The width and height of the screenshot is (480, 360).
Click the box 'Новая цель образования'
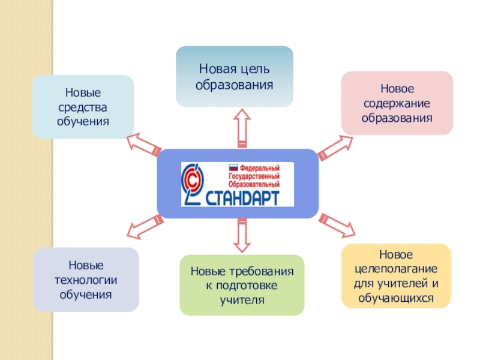[234, 77]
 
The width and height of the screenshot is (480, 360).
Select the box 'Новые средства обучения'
[83, 107]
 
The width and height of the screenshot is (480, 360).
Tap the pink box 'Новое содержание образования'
[397, 103]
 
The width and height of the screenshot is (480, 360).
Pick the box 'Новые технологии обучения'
[86, 280]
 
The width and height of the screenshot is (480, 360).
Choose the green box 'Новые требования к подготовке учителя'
[242, 285]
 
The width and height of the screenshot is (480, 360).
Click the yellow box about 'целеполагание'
[396, 275]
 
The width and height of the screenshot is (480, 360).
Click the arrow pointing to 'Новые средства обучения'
[143, 143]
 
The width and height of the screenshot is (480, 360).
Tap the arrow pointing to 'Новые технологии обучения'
[145, 226]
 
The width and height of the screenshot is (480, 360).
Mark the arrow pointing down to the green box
[241, 235]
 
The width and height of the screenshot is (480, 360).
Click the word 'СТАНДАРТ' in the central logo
[246, 197]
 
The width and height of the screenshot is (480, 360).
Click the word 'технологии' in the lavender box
[86, 280]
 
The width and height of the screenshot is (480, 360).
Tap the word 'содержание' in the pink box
[397, 103]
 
